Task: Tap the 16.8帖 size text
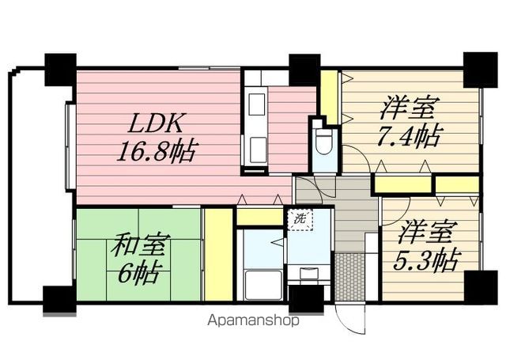point(157,151)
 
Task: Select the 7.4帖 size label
point(408,136)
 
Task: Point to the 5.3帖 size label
point(425,260)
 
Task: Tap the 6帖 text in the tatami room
point(138,273)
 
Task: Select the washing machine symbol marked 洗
point(300,219)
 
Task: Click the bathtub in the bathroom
point(263,285)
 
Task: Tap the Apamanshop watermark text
point(253,320)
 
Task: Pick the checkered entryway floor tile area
point(349,277)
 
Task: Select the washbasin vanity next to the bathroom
point(309,274)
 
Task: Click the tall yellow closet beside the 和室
point(219,255)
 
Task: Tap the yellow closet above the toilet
point(329,97)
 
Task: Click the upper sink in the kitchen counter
point(257,104)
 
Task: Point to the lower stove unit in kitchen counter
point(259,150)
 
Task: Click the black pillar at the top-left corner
point(60,70)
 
